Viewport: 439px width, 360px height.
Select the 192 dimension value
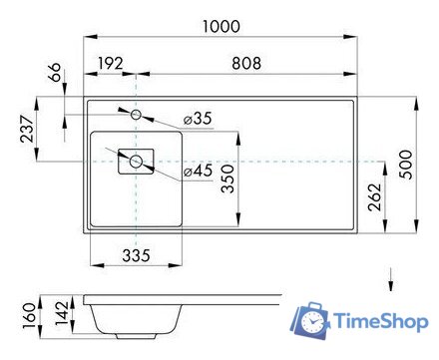pos(112,63)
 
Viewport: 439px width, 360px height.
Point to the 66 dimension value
pos(56,75)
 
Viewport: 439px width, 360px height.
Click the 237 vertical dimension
pos(26,129)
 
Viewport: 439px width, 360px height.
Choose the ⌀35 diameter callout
pos(198,119)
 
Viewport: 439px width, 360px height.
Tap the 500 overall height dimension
pos(405,164)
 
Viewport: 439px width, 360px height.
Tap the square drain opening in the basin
pos(135,160)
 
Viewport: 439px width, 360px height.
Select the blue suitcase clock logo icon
pos(311,320)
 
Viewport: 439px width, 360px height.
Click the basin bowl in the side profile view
pos(135,319)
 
